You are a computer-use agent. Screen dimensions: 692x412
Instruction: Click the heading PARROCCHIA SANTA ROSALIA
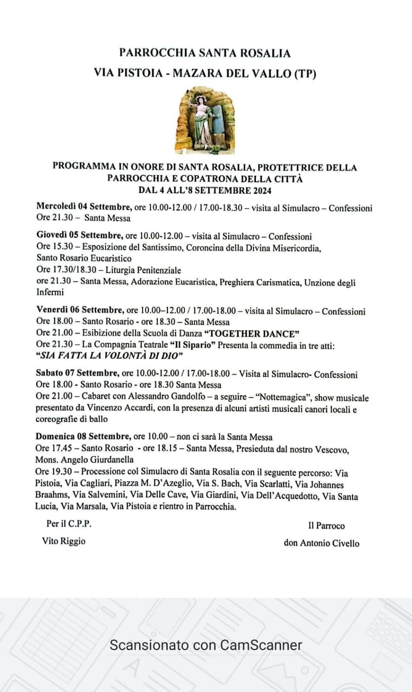point(205,53)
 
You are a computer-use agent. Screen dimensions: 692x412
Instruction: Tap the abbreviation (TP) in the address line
point(305,74)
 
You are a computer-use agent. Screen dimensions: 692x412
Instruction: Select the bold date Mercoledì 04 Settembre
point(83,207)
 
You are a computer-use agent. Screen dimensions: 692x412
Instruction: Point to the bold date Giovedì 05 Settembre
point(79,235)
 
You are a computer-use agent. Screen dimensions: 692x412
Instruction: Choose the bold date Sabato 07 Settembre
point(77,373)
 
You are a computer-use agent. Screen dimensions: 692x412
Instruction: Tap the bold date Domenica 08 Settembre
point(83,436)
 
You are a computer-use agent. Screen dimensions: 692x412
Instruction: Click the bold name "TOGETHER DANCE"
point(252,334)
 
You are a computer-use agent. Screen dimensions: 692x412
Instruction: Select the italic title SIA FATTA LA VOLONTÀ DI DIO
point(109,356)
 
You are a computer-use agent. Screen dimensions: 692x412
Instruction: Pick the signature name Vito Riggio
point(64,541)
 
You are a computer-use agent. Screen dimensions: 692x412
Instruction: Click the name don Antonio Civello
point(321,543)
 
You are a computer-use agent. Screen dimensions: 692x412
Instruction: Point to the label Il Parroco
point(326,526)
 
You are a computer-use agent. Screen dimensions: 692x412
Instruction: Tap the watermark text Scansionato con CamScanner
point(206,645)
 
